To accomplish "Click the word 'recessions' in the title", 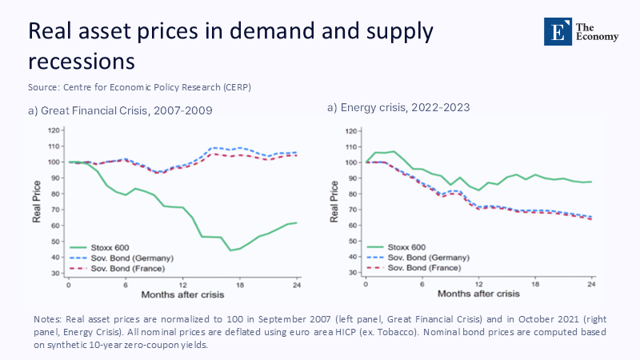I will pos(80,61).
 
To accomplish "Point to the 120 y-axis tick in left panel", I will pos(54,130).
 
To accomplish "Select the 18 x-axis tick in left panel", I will pos(239,284).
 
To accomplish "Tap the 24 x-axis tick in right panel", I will pos(592,284).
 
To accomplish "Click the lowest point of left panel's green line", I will pos(230,250).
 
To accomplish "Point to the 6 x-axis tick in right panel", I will pos(422,284).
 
